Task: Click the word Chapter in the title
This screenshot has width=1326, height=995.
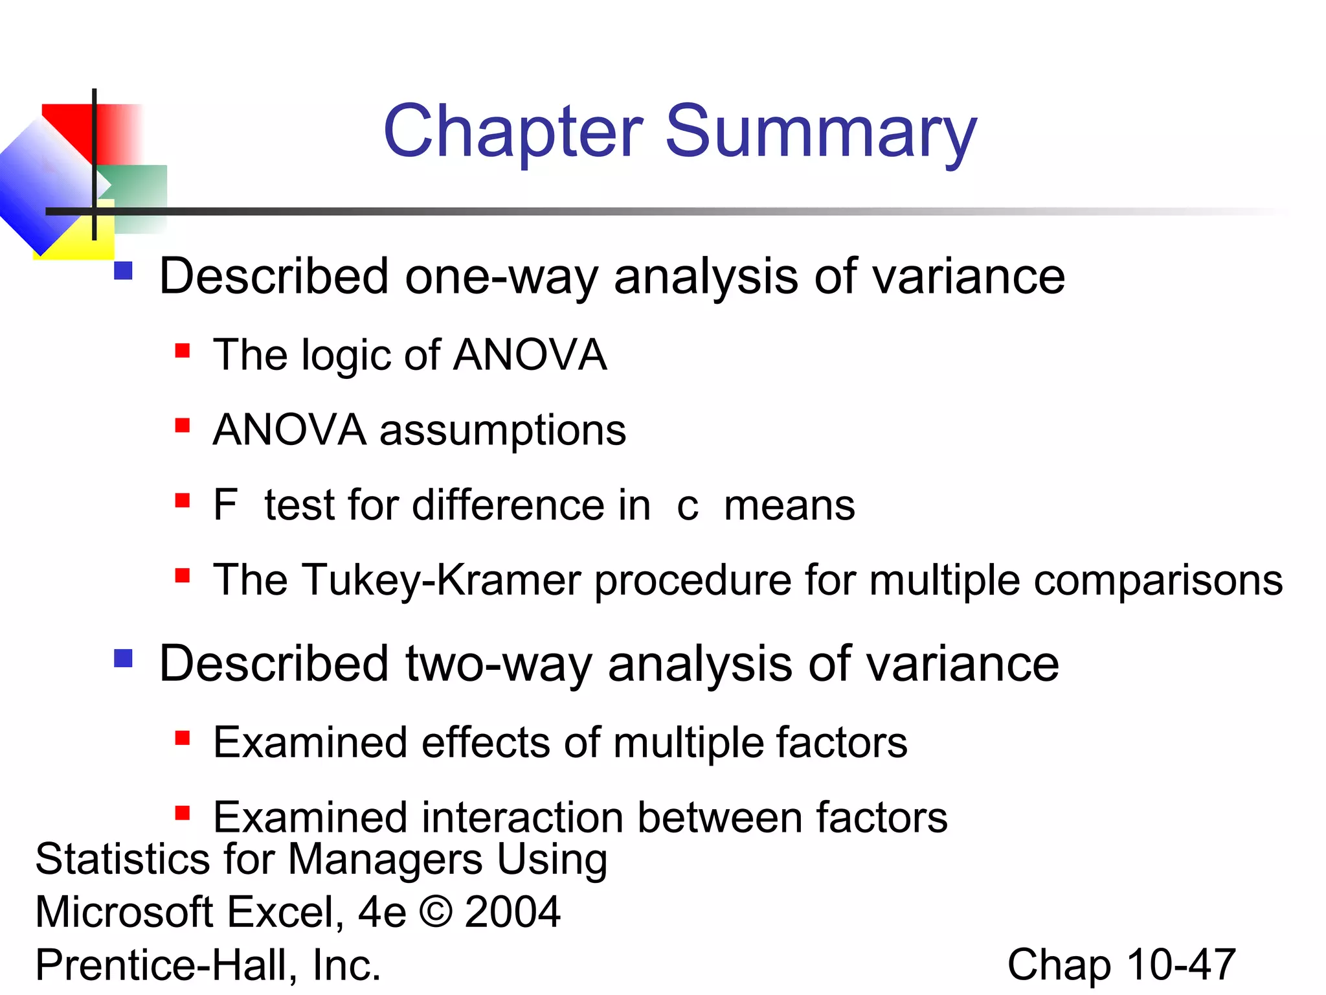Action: click(513, 132)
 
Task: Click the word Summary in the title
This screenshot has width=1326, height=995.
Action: click(821, 132)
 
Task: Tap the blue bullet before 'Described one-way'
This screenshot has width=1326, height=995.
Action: click(123, 270)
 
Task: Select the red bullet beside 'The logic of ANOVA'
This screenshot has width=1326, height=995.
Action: click(183, 351)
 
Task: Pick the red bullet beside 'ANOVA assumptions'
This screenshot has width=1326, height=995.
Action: click(183, 426)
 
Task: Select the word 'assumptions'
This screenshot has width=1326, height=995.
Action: click(502, 431)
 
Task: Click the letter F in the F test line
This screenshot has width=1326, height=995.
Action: click(225, 505)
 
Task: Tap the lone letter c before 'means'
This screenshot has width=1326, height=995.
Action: click(688, 507)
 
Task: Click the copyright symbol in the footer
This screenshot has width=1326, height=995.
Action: click(436, 912)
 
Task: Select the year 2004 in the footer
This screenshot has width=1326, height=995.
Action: click(512, 912)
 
